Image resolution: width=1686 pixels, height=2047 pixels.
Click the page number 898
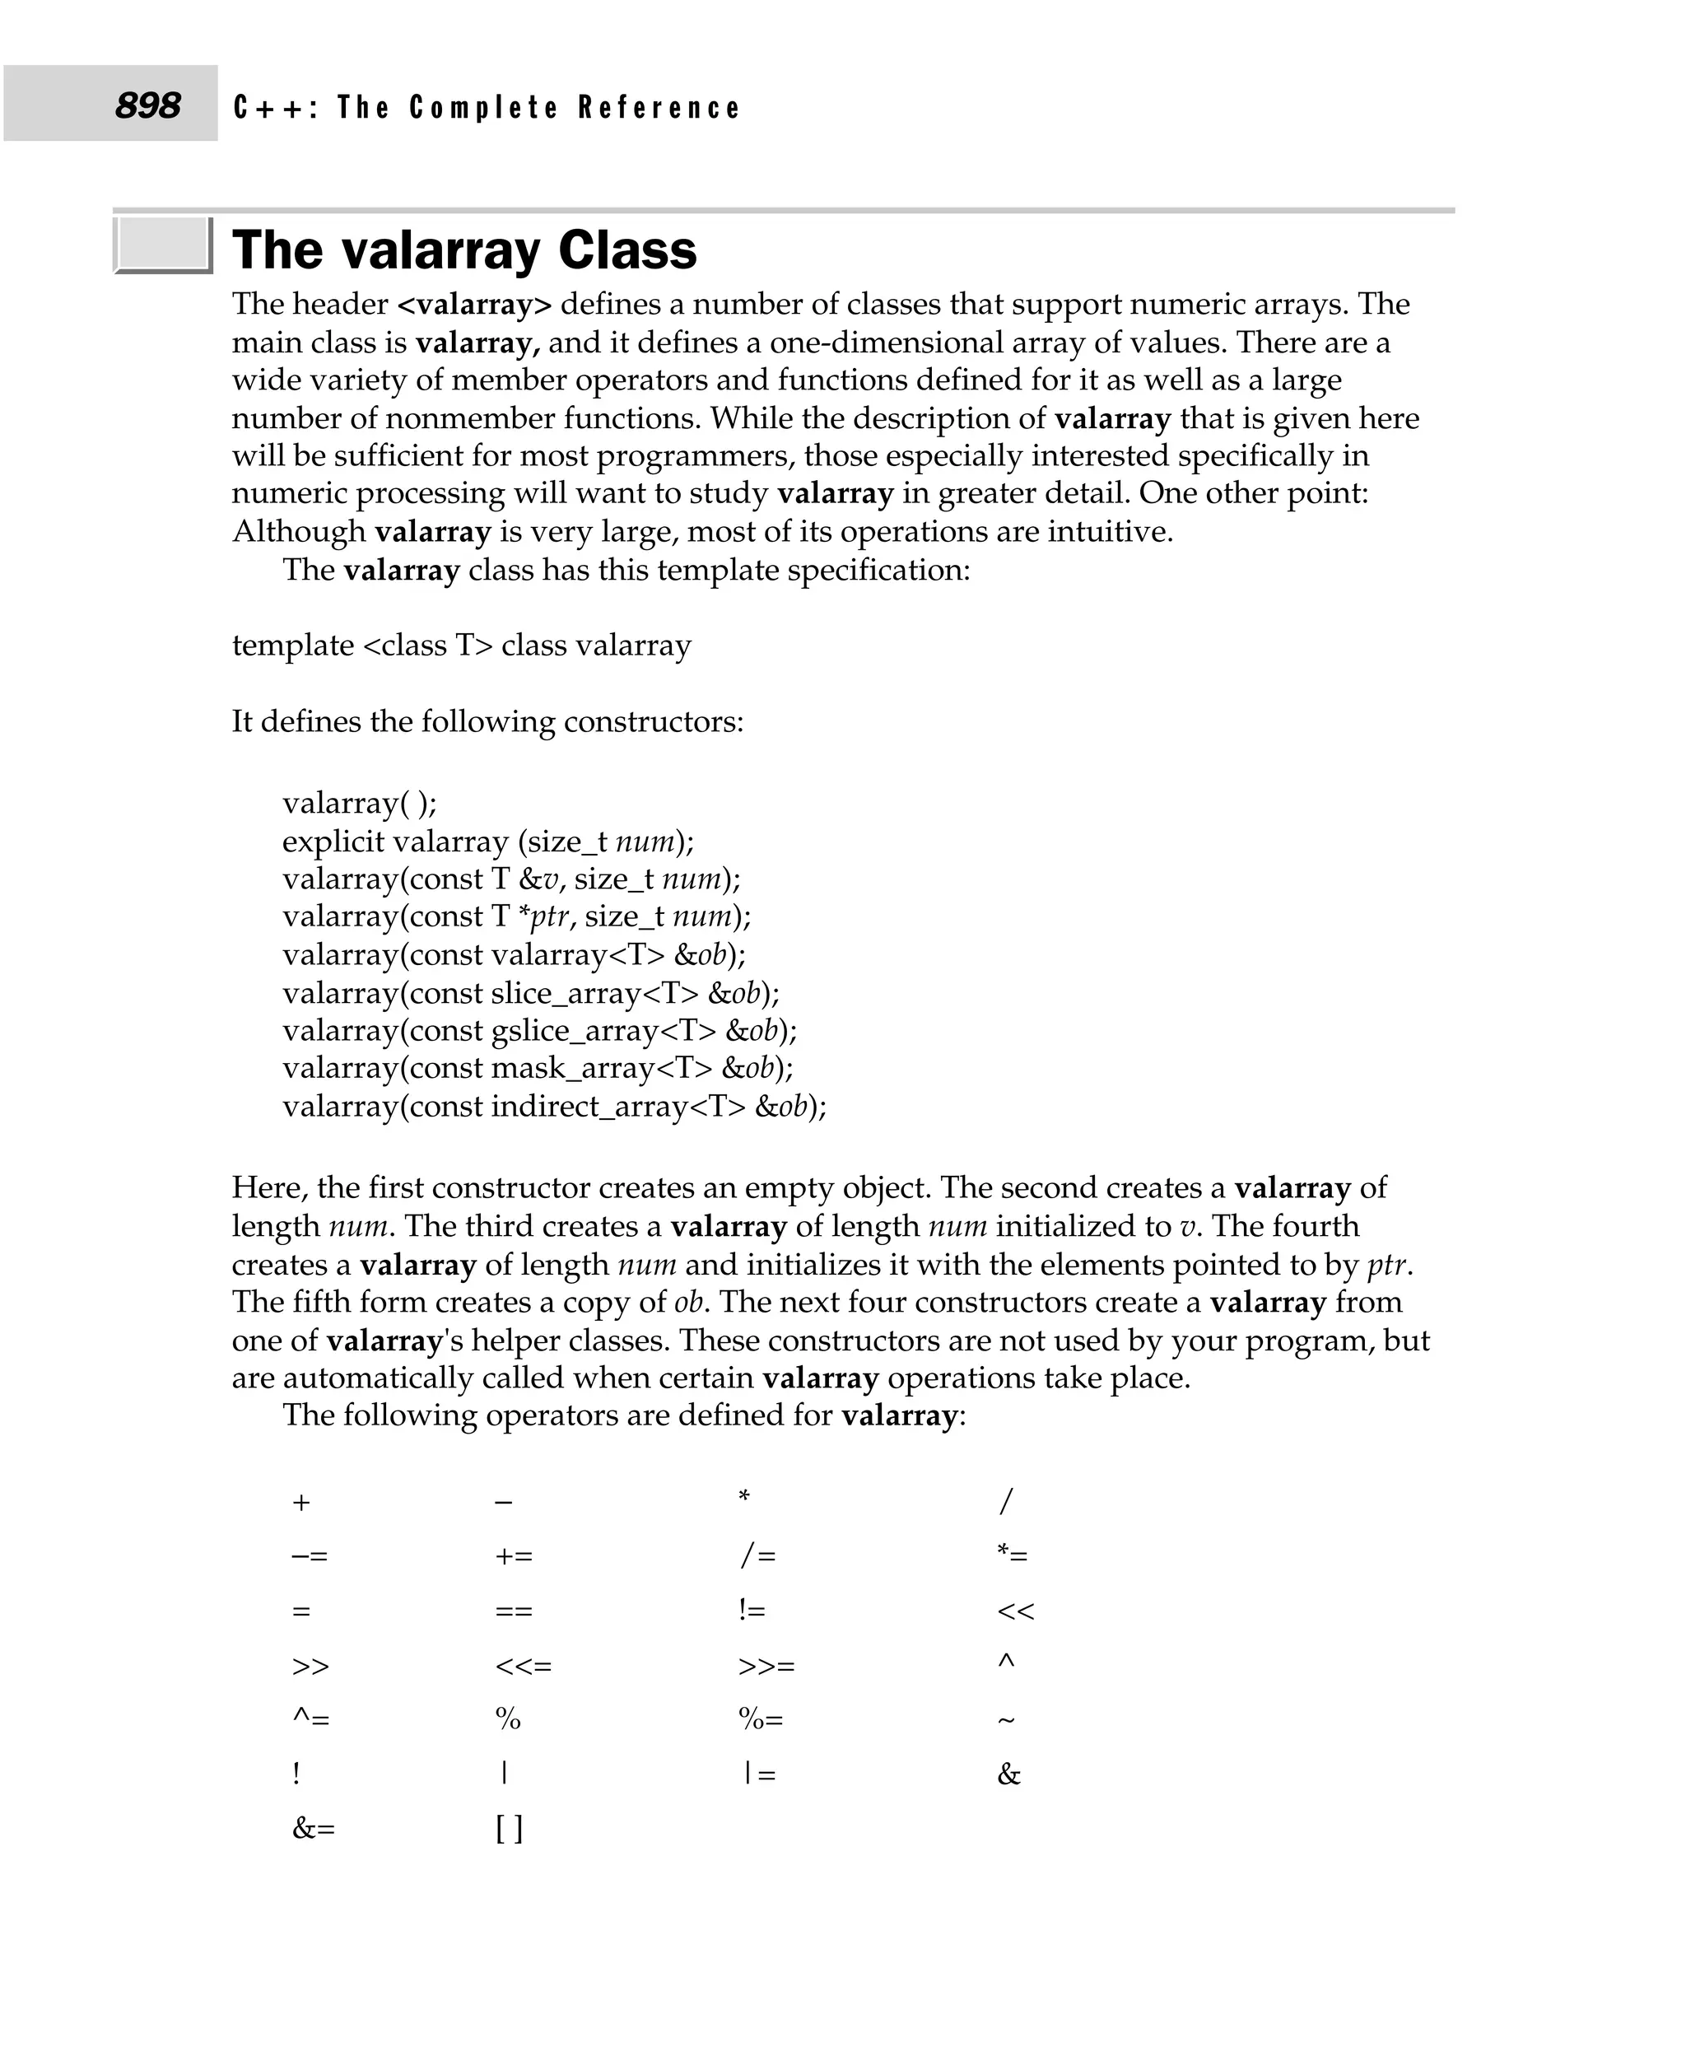[147, 105]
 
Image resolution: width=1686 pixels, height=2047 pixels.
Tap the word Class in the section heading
[627, 250]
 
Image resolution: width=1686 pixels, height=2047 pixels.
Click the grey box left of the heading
[162, 244]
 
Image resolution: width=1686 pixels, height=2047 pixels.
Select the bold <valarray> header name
[474, 304]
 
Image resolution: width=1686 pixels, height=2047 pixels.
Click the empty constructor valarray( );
[359, 804]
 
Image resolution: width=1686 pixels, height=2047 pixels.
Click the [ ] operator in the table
[509, 1829]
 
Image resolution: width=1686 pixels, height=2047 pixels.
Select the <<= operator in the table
[523, 1666]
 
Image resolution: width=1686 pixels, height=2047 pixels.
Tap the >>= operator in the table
[766, 1666]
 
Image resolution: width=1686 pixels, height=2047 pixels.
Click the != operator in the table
[752, 1611]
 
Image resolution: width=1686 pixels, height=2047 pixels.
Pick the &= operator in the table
[313, 1830]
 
